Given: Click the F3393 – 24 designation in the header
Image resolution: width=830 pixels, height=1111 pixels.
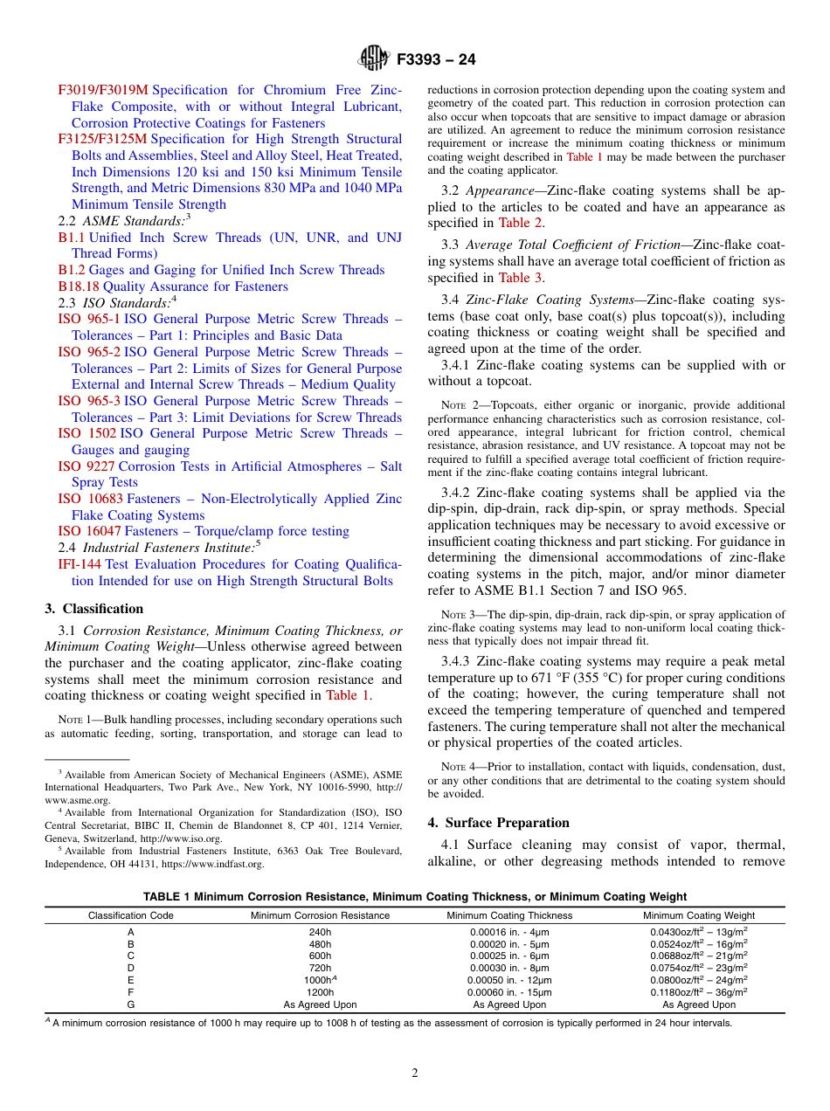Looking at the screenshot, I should tap(436, 59).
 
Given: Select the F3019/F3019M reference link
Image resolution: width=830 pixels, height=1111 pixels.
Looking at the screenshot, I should tap(103, 90).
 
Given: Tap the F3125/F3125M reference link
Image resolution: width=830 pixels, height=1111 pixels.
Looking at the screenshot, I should tap(103, 139).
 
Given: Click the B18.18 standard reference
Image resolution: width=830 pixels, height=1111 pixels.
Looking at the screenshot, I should tap(79, 286).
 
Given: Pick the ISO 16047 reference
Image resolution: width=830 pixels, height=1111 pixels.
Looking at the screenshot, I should tap(90, 531).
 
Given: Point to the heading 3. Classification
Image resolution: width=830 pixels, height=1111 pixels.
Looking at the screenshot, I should tap(94, 609).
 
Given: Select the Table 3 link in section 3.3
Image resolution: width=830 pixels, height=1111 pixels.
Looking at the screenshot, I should tap(520, 278).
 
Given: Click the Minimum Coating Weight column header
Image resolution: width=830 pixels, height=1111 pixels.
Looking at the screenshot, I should tap(699, 915).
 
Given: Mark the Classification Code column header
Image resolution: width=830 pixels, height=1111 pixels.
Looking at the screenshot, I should tap(131, 915).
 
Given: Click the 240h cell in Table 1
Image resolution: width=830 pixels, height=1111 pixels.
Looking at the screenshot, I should tap(321, 932).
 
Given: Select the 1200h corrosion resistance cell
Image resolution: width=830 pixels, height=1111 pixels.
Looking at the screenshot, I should tap(321, 992).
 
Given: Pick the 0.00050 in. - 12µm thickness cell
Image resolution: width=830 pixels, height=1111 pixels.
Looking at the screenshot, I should tap(509, 980).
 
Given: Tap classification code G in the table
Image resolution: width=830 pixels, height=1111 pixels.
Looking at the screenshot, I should tap(131, 1004).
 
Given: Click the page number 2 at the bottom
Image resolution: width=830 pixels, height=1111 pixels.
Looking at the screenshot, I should tap(415, 1073).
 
